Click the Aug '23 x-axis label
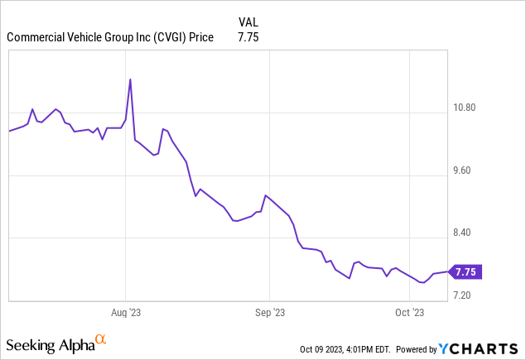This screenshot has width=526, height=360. pyautogui.click(x=125, y=313)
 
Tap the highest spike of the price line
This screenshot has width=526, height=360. pyautogui.click(x=130, y=79)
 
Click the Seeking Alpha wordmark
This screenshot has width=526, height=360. pyautogui.click(x=50, y=343)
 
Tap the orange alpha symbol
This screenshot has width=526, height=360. pyautogui.click(x=101, y=340)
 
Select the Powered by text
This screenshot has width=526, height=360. pyautogui.click(x=422, y=349)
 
